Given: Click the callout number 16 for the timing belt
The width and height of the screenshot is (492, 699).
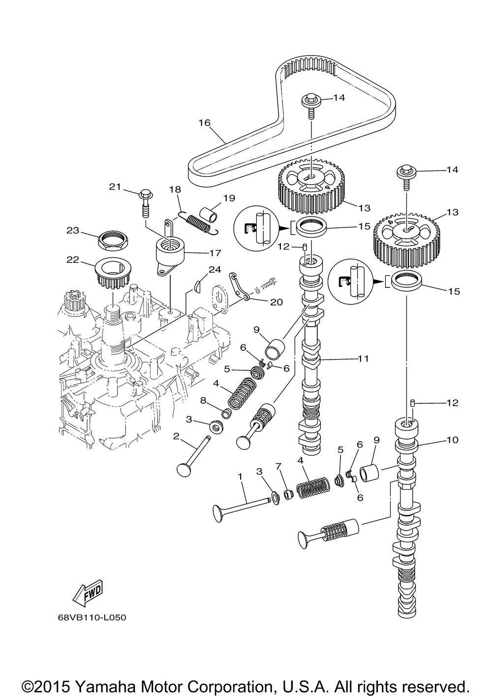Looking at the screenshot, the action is coord(205,123).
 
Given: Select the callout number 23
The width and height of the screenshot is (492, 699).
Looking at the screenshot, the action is coord(73,230).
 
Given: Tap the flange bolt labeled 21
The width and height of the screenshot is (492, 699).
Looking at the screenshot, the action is coord(145,204).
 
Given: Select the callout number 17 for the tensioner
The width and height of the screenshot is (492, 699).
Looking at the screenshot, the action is coord(215,252).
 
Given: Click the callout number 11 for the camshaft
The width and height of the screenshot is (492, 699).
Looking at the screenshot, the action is coord(363,359).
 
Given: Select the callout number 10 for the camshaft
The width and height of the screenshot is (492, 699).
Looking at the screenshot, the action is coord(452,440).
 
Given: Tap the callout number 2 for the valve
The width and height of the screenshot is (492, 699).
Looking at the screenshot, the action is coord(176,436).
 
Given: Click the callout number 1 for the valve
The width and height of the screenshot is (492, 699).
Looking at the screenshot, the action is coord(240,476).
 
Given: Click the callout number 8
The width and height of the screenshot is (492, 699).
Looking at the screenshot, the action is coord(204,400).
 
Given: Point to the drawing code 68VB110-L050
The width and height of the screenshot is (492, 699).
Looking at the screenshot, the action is coord(92,617).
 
